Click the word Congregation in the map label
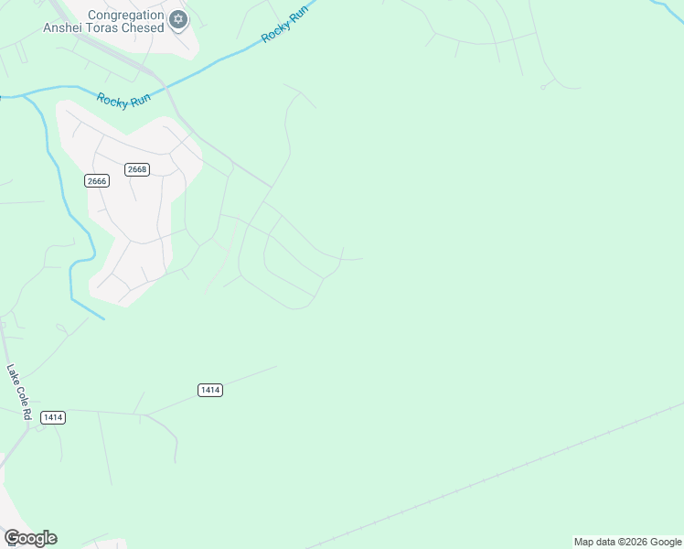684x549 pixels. point(126,15)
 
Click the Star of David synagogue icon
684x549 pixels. point(178,18)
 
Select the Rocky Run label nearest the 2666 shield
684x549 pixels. point(123,99)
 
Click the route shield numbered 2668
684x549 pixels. point(137,169)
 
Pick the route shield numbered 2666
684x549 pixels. point(97,181)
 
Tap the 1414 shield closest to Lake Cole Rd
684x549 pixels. point(53,417)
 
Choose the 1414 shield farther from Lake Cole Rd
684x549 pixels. point(210,390)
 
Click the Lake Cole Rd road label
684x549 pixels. point(19,393)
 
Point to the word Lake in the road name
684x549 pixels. point(12,374)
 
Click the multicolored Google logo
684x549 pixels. point(30,538)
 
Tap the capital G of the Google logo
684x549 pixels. point(12,538)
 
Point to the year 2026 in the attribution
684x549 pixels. point(635,542)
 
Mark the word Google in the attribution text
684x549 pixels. point(666,542)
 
